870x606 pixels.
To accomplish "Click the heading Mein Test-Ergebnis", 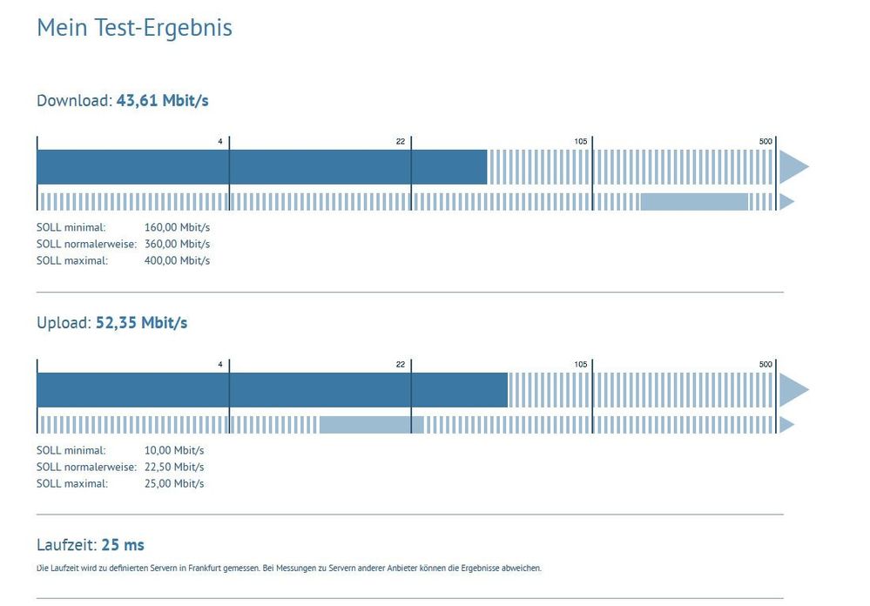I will pos(134,28).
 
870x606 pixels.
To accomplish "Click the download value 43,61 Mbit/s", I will pos(162,100).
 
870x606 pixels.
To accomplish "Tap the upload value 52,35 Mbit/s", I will pos(141,323).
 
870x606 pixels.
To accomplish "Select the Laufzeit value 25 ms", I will pos(123,545).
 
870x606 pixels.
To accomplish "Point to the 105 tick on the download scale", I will pos(581,141).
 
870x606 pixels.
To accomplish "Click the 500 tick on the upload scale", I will pos(765,364).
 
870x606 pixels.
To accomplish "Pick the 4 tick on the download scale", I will pos(220,141).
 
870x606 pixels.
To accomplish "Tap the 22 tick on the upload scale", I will pos(400,364).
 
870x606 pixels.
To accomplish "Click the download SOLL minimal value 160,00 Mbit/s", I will pos(177,228).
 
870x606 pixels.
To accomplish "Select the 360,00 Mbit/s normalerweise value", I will pos(177,244).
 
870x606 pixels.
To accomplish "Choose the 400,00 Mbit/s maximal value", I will pos(177,259).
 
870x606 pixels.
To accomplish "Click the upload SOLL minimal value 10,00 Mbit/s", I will pos(174,451).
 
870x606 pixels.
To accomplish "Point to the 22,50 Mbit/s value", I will pos(174,467).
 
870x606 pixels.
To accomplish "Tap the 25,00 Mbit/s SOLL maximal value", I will pos(174,483).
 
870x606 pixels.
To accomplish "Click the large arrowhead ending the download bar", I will pos(792,166).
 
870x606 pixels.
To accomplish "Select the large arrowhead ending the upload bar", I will pos(792,389).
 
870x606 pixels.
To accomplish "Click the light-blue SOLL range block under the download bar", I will pos(694,202).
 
